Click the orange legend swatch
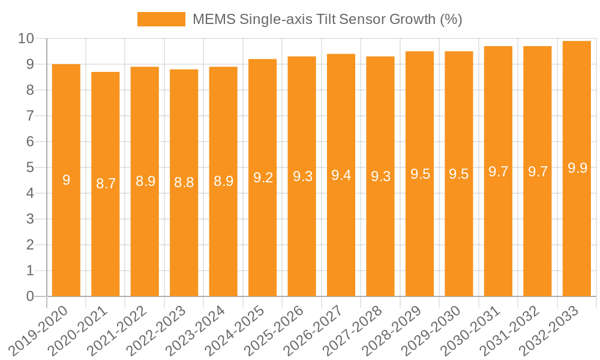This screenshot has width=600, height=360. pos(161,19)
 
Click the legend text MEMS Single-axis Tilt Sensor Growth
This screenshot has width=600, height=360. pos(327,19)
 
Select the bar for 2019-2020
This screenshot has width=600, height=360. pos(66,180)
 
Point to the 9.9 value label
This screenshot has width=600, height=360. pos(577,168)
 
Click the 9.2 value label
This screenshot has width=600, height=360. pos(263,178)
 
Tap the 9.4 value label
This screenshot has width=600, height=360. pos(341,175)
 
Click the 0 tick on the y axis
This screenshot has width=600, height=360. pos(30,296)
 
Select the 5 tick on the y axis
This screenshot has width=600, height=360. pos(30,167)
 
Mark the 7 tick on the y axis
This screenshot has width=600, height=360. pos(30,116)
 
